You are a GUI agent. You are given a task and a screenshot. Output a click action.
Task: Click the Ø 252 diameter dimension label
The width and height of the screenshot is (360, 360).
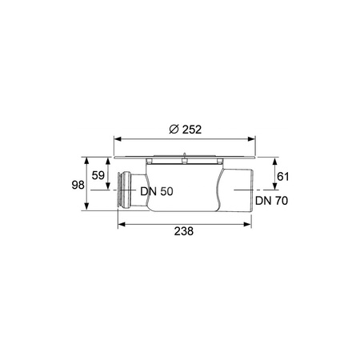point(186,130)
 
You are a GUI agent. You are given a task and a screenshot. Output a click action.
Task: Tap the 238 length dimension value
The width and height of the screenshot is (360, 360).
point(184,231)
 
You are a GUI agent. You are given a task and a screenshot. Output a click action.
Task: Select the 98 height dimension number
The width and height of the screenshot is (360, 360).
point(78,185)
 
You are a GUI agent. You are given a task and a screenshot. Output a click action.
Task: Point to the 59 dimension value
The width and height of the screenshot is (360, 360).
point(98,175)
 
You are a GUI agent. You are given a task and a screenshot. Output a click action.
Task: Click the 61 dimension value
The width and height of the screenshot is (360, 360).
point(283,177)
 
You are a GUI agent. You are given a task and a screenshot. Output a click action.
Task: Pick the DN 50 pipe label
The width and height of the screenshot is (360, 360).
point(157,191)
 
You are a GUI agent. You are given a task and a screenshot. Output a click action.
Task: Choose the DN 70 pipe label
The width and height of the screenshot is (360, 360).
point(272,201)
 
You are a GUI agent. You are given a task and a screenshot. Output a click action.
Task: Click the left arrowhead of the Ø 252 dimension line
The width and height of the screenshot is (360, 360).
point(118,139)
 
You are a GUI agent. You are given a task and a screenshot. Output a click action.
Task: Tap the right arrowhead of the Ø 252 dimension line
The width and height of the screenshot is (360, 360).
point(252,139)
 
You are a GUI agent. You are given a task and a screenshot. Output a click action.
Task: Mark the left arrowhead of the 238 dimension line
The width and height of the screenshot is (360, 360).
point(122,225)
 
